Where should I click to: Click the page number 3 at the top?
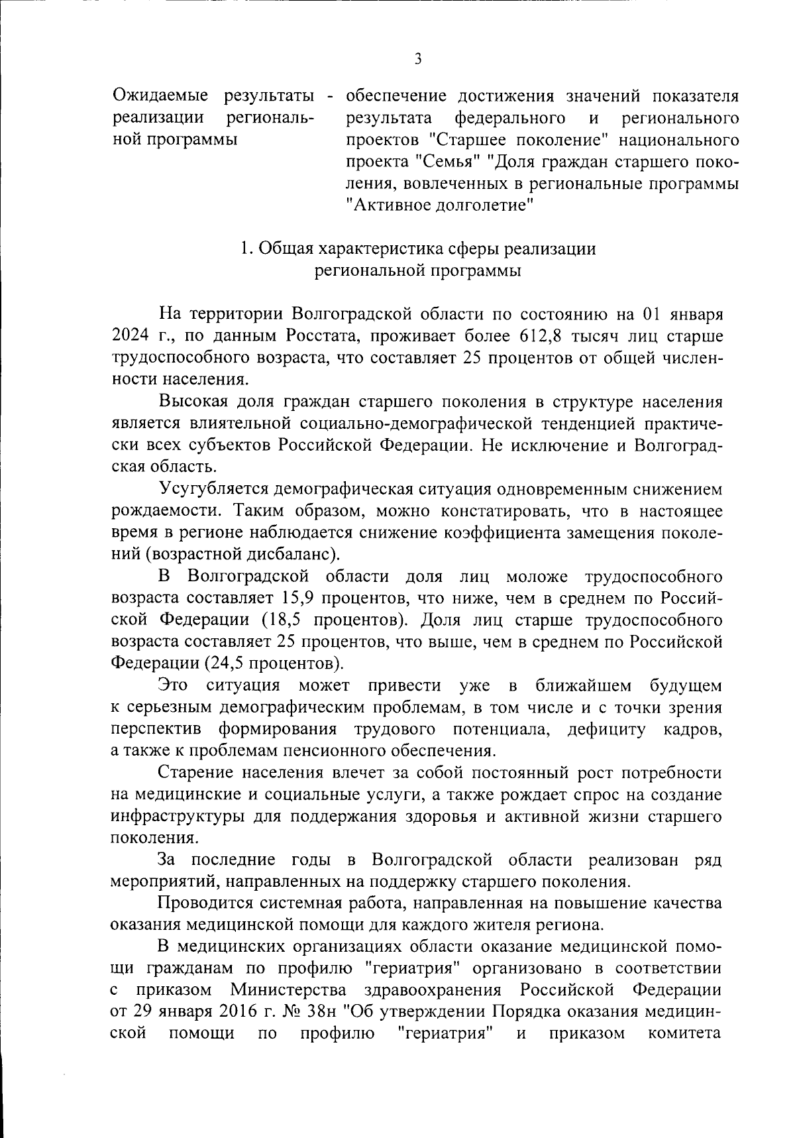[418, 59]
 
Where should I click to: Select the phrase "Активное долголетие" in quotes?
[441, 205]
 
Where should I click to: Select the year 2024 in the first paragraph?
[132, 336]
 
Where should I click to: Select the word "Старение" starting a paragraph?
[195, 773]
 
